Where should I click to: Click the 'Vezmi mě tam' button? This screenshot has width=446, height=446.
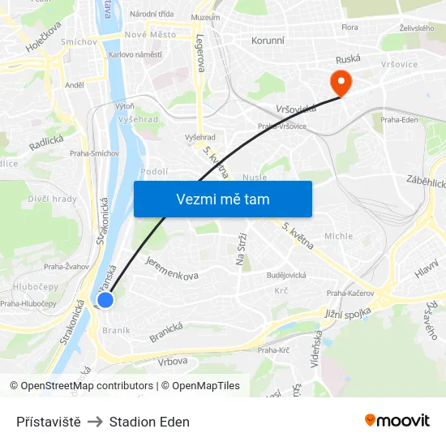click(223, 199)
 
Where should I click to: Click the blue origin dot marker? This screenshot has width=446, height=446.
click(105, 300)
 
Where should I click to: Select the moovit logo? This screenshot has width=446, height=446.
click(397, 420)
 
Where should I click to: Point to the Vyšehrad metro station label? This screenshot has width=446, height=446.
click(199, 137)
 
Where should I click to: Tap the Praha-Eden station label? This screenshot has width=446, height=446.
click(399, 119)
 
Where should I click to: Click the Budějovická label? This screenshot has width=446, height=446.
click(286, 275)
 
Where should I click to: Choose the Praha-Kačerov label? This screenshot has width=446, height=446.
click(350, 293)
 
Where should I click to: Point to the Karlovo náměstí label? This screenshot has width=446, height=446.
click(135, 54)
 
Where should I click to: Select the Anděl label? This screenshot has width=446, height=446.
click(75, 84)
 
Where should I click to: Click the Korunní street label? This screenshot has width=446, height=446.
click(268, 39)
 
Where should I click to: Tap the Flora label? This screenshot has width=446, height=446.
click(350, 27)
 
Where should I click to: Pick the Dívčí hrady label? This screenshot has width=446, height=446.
click(53, 199)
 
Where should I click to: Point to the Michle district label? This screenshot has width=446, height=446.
click(338, 236)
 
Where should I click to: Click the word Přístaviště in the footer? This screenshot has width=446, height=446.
click(49, 422)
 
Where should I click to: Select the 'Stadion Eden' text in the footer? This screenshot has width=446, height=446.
click(149, 422)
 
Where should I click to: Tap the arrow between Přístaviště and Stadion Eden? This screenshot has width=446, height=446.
click(96, 422)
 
